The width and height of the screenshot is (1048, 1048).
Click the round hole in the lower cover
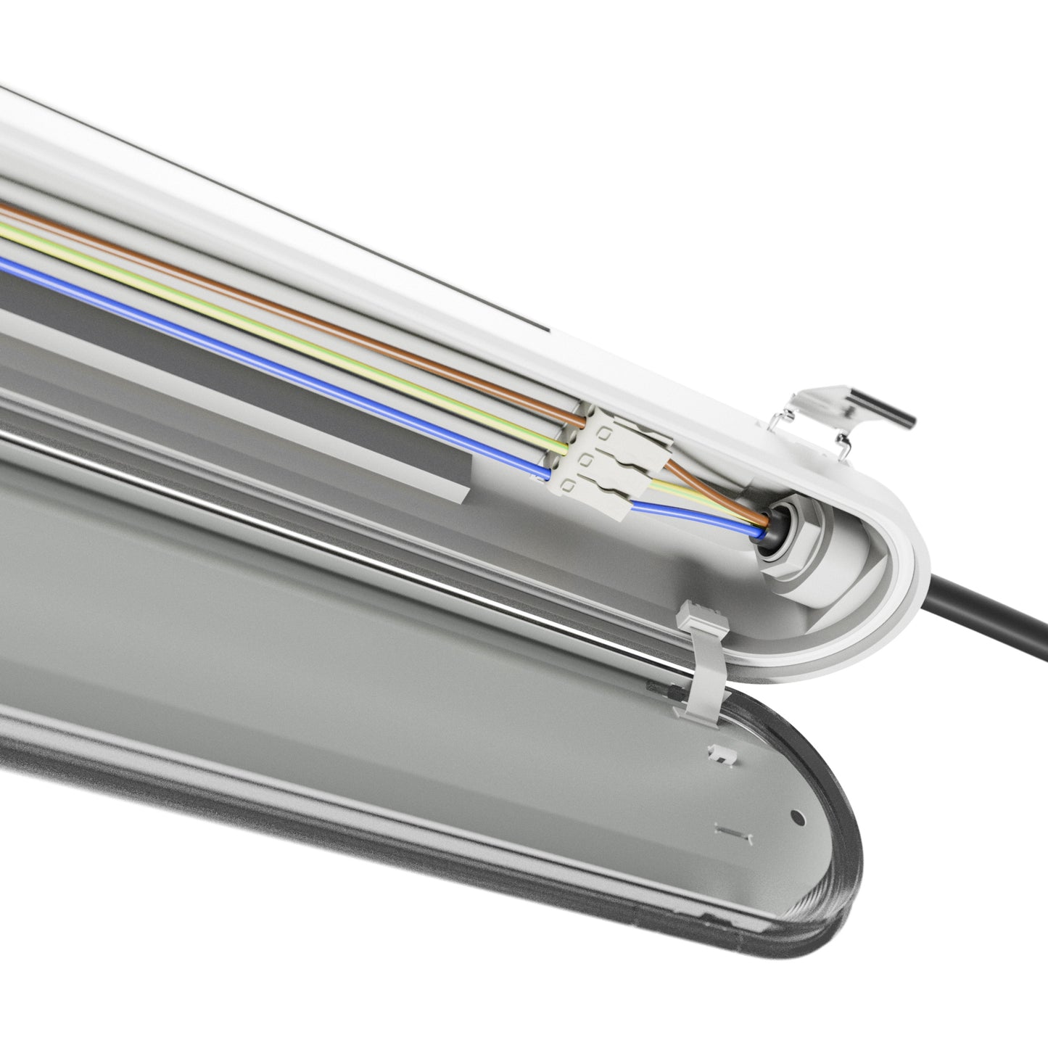[798, 817]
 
